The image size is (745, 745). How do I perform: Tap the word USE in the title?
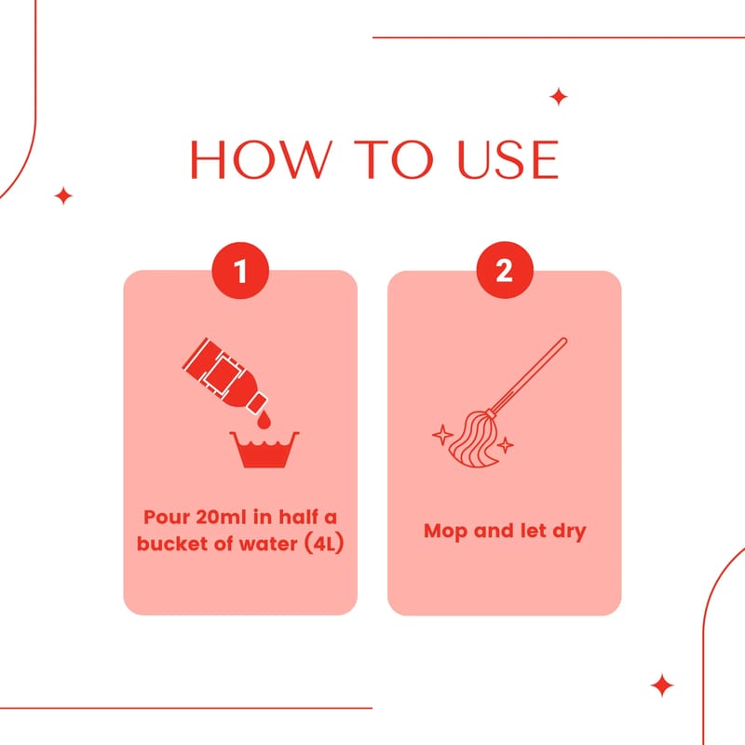click(508, 159)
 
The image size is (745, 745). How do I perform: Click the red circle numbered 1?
click(240, 270)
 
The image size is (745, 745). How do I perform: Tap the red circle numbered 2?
click(505, 270)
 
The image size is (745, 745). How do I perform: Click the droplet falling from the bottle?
click(264, 420)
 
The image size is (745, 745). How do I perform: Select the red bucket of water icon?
click(264, 450)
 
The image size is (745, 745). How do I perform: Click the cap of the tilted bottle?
click(258, 403)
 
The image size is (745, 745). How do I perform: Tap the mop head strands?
click(473, 440)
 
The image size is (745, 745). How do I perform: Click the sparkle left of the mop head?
click(442, 435)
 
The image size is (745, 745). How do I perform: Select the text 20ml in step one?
click(222, 517)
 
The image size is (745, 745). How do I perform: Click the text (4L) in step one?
click(323, 544)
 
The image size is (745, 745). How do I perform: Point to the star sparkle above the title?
click(559, 97)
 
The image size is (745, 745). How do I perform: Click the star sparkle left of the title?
click(63, 196)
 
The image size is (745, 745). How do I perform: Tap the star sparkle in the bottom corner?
click(662, 685)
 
